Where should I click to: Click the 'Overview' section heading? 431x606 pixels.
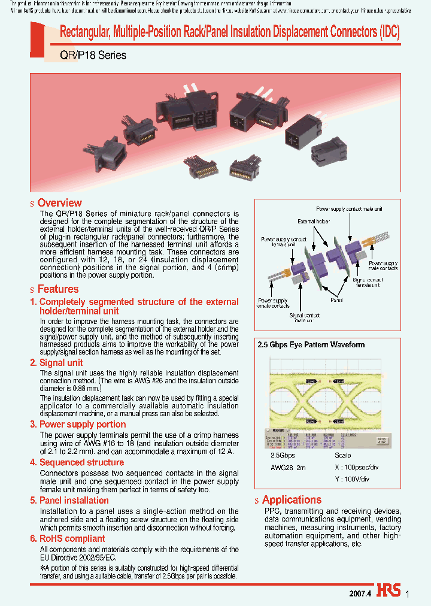pos(59,203)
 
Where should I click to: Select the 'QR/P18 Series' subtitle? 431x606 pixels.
pos(93,55)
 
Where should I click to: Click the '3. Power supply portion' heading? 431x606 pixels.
pos(78,425)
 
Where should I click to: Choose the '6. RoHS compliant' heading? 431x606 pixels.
pos(68,538)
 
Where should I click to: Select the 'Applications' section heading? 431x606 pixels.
pos(292,500)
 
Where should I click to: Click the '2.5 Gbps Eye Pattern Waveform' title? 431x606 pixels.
pos(311,345)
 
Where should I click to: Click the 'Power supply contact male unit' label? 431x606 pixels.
pos(349,209)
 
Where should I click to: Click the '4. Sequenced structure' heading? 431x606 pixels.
pos(77,462)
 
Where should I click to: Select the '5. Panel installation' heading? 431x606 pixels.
pos(69,501)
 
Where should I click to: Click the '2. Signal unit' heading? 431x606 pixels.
pos(56,363)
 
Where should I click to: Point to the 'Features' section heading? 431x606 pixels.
pos(57,289)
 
